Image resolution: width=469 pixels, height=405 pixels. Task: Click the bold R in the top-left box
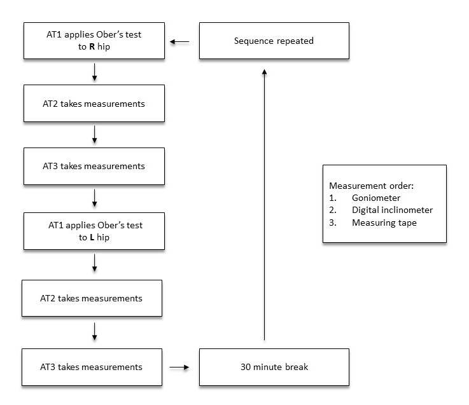click(x=92, y=46)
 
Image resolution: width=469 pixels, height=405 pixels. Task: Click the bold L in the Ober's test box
click(x=92, y=237)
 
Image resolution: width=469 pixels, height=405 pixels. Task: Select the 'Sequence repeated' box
click(x=274, y=41)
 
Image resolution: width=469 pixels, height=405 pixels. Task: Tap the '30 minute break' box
click(x=274, y=367)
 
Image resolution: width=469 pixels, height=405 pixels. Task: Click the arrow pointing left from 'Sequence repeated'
click(x=179, y=42)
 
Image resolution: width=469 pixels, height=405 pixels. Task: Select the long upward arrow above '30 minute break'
click(x=265, y=205)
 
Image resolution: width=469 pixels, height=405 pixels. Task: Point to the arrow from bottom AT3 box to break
click(x=179, y=367)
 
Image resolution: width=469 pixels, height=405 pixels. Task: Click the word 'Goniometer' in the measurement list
click(x=376, y=198)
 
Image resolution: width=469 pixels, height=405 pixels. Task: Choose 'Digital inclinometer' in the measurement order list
click(x=392, y=210)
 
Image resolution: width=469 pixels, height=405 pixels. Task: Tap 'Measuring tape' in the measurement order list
click(x=384, y=223)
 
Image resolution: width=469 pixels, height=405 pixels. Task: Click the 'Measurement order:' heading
click(x=371, y=186)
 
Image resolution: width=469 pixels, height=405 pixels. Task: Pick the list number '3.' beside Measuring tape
click(x=333, y=223)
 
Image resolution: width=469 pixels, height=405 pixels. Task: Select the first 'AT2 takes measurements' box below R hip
click(x=94, y=104)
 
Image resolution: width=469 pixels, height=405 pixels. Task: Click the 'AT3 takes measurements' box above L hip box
click(x=94, y=166)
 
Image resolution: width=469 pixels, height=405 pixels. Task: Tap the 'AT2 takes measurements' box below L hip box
click(x=92, y=298)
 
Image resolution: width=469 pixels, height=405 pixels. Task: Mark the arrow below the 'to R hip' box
click(x=95, y=72)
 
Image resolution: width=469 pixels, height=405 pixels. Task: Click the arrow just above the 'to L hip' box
click(x=95, y=198)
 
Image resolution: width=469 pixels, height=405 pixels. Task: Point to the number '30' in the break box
click(x=246, y=367)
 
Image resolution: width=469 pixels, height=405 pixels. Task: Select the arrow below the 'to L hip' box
click(x=95, y=263)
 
